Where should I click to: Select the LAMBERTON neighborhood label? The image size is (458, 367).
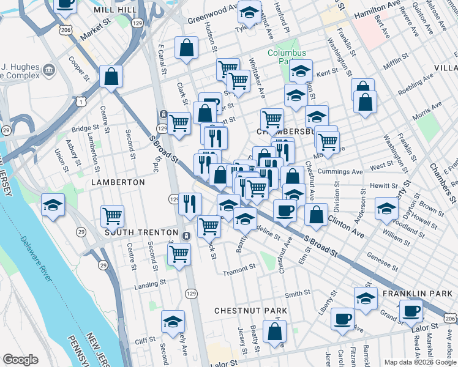click(118, 182)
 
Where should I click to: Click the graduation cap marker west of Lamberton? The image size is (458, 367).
click(53, 205)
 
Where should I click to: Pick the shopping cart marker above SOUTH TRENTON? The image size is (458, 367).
click(113, 215)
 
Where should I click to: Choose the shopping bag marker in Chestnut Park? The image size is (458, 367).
click(275, 332)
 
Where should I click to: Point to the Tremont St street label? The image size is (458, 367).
click(239, 268)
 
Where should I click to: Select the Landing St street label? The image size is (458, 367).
click(151, 284)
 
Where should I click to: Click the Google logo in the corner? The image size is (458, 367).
click(20, 360)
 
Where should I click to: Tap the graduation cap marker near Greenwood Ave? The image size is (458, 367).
click(249, 12)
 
